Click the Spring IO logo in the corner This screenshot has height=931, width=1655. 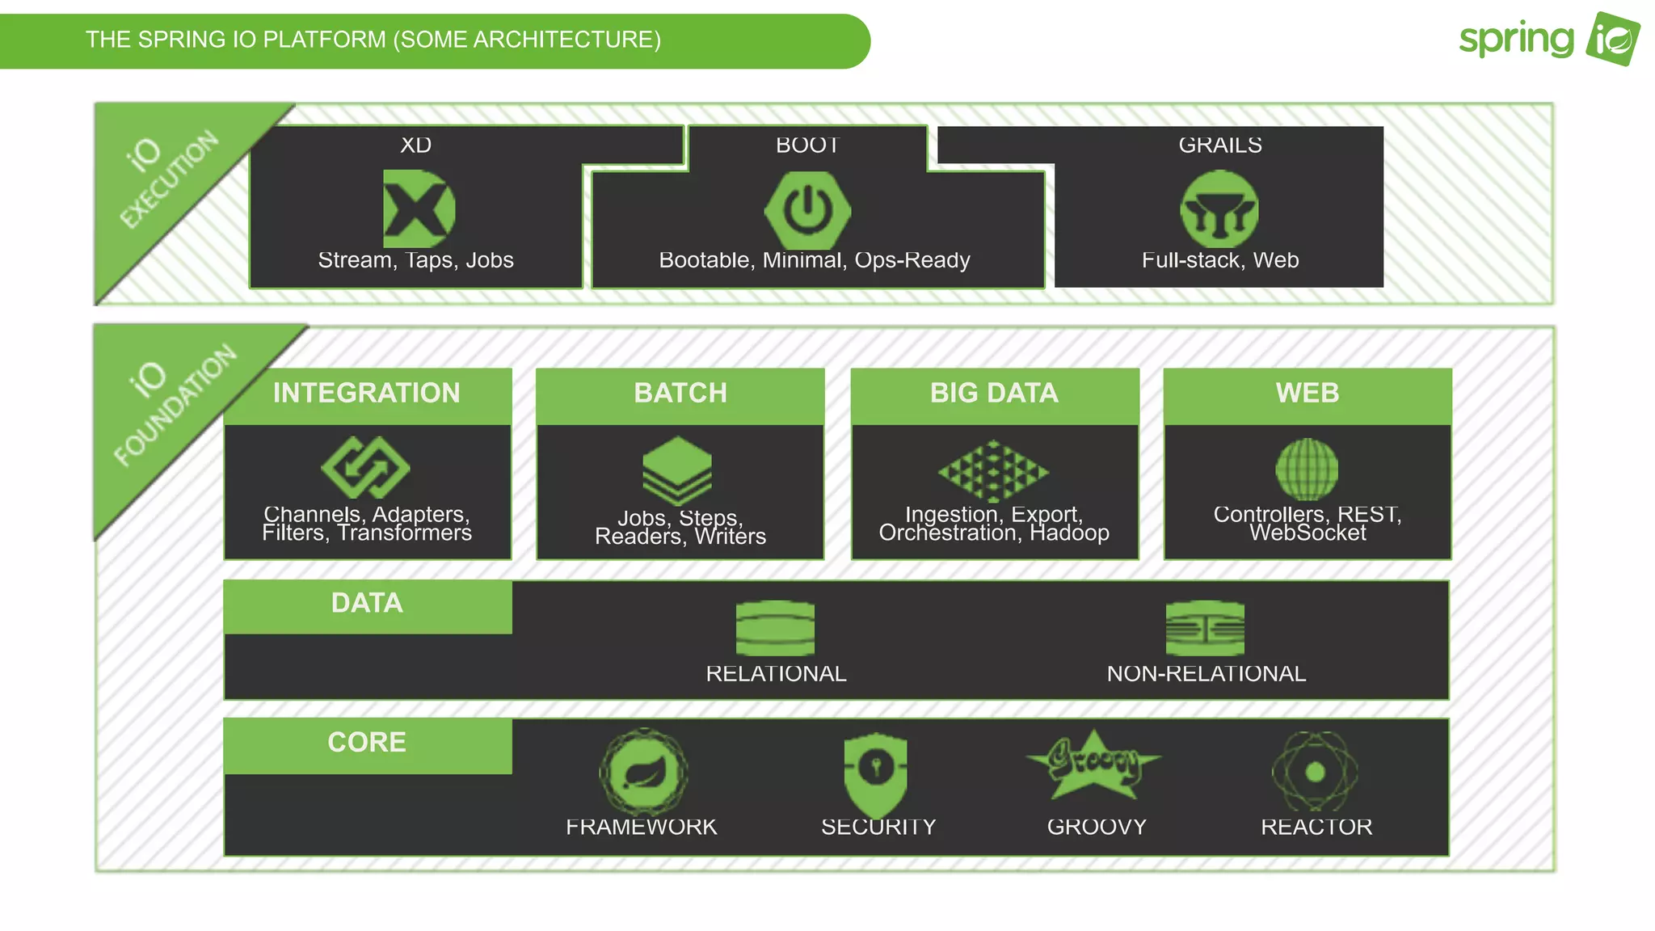tap(1549, 39)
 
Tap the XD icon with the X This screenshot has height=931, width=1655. tap(418, 209)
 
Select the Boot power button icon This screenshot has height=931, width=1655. tap(807, 210)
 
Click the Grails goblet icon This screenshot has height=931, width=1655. tap(1219, 209)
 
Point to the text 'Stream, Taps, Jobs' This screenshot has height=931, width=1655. tap(415, 260)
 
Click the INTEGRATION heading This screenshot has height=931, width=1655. tap(367, 393)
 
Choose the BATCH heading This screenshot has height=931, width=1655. tap(680, 393)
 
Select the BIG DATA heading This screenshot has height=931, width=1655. tap(994, 393)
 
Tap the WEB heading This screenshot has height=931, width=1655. tap(1308, 393)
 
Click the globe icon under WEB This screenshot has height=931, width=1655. tap(1307, 469)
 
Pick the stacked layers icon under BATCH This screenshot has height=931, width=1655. tap(677, 470)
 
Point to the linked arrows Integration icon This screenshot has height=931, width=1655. tap(365, 468)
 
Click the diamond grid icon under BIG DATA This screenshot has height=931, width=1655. tap(993, 470)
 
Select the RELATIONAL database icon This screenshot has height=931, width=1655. tap(775, 628)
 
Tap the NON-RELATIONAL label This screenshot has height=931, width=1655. tap(1206, 674)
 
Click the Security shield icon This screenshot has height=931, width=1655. tap(875, 772)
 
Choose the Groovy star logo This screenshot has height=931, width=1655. tap(1093, 763)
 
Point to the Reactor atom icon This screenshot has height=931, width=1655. tap(1315, 772)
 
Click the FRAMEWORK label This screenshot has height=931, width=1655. tap(641, 827)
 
